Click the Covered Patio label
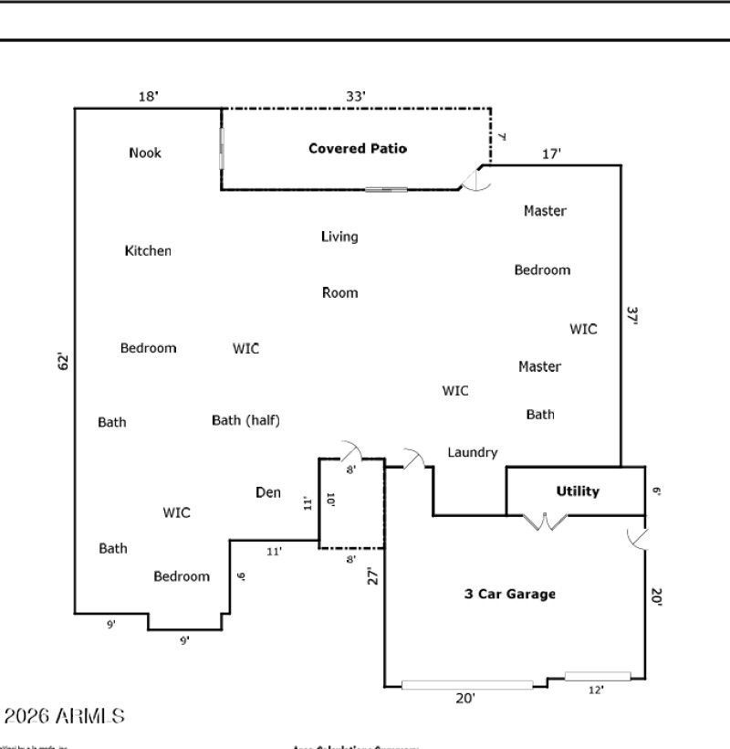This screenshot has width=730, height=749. coord(358,148)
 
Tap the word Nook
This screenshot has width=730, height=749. coord(145,153)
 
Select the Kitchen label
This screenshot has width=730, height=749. coord(148,250)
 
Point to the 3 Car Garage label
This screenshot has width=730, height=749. coord(509,594)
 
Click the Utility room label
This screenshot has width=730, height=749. coord(578,491)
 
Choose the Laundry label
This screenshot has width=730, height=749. coord(473,452)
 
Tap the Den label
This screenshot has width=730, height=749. coord(267,492)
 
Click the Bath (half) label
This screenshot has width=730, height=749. coord(245,420)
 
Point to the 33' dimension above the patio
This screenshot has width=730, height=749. coord(356,96)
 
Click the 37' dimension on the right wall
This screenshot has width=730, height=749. coord(631,315)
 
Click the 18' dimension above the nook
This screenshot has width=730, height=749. coord(148,96)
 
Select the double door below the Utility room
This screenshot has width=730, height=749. coord(545,523)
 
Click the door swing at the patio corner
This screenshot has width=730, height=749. coord(475,179)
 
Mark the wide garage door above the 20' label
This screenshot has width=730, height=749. coord(467,684)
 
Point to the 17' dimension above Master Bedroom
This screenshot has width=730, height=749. coord(551,154)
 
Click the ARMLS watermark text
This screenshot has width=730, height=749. coord(64,717)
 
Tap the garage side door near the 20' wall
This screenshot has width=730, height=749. coord(637,539)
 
